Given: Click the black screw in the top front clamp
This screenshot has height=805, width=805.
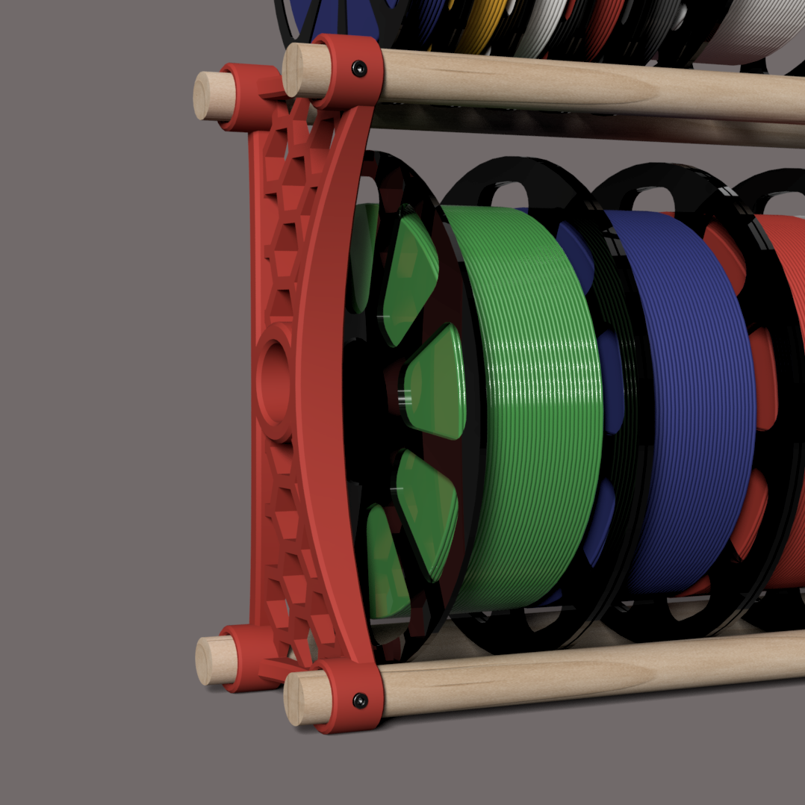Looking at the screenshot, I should pyautogui.click(x=360, y=69).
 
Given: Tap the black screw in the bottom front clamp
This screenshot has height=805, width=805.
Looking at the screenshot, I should pyautogui.click(x=360, y=700).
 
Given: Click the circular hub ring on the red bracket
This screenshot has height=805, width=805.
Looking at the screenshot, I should pyautogui.click(x=275, y=381).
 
